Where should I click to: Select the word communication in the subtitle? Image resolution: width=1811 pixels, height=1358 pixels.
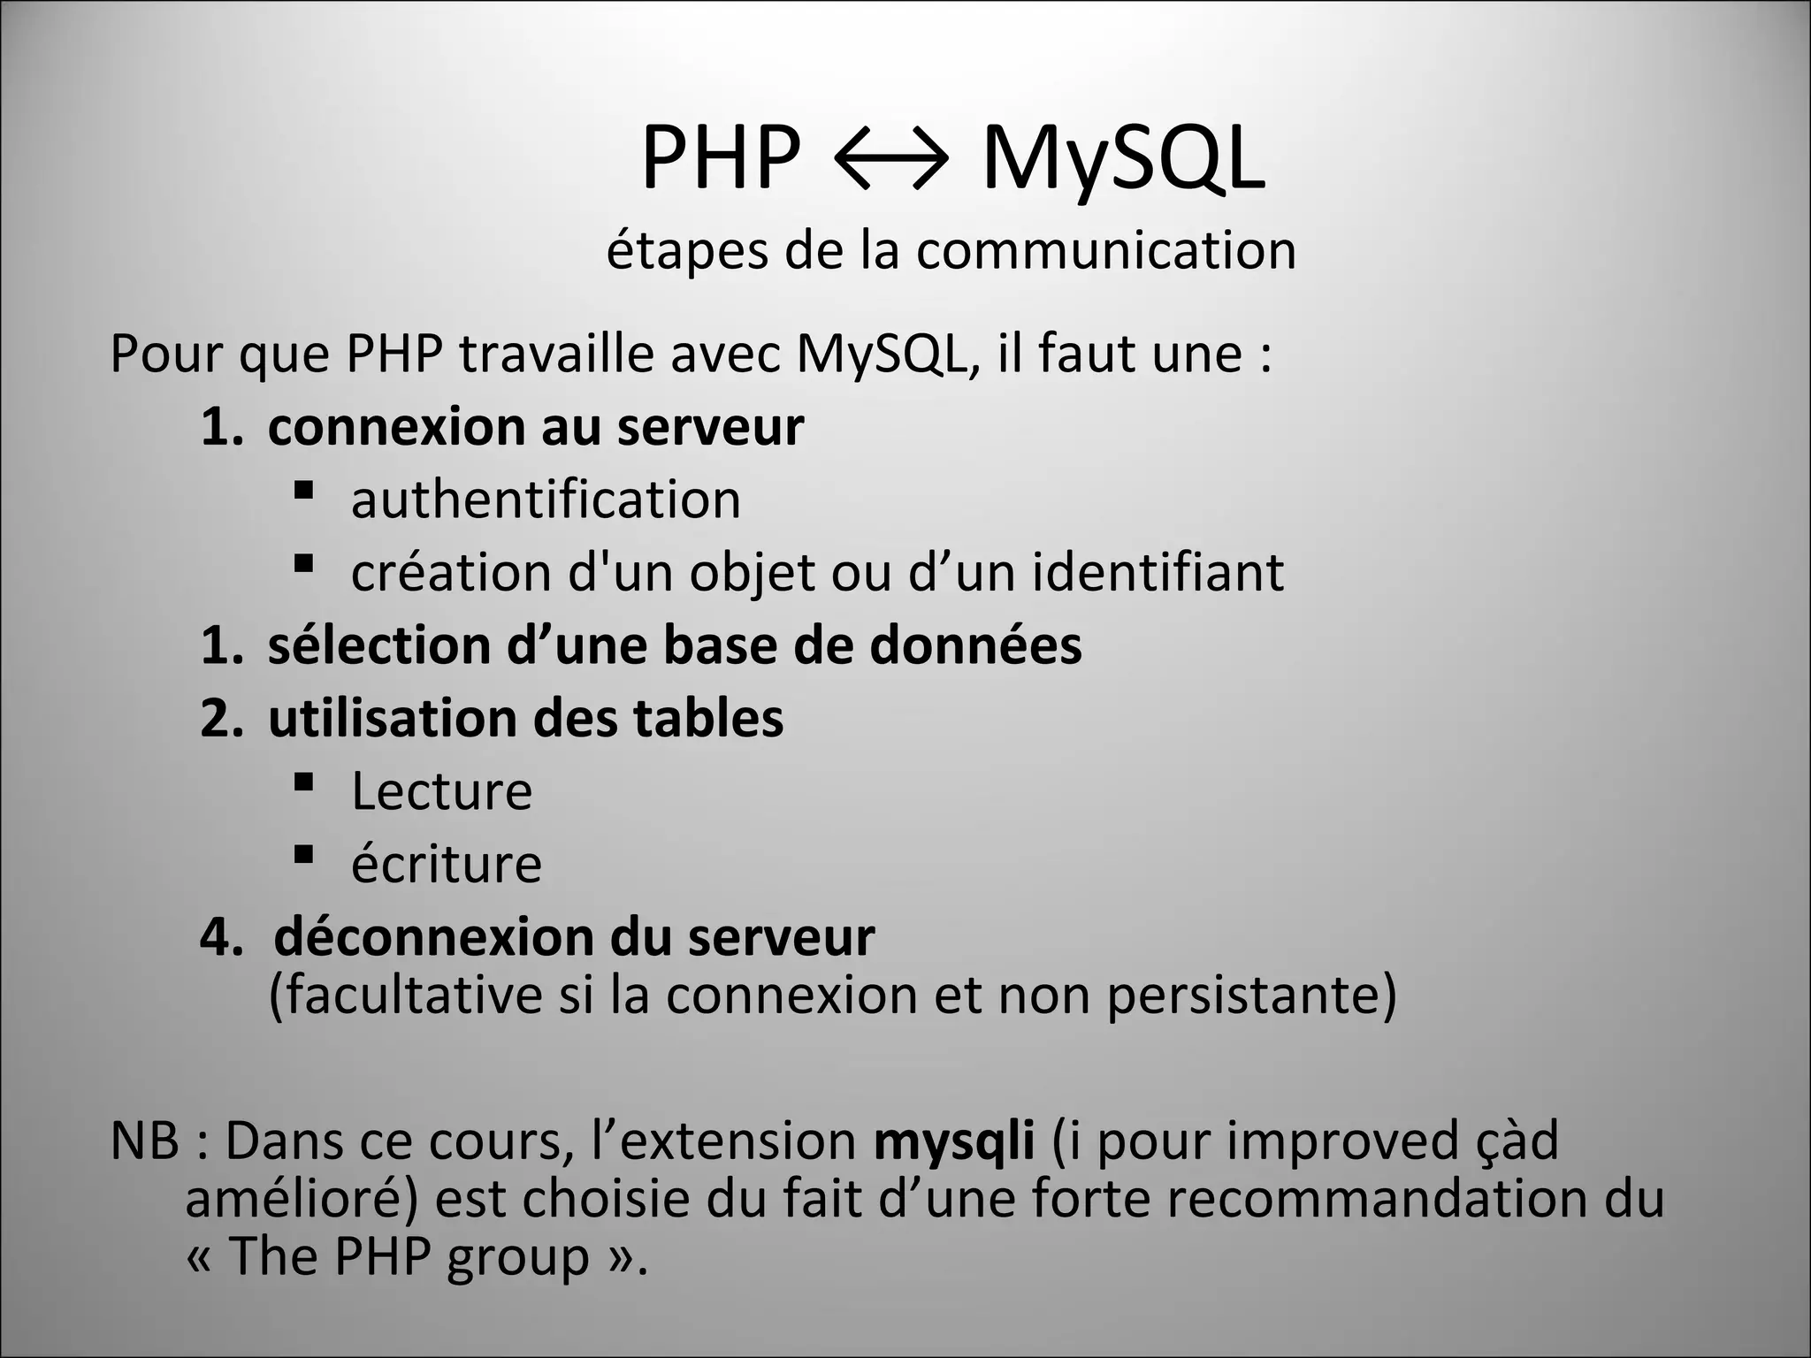1105,251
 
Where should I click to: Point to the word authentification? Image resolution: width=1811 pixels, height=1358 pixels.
546,500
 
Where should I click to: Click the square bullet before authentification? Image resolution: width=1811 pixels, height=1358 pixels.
303,489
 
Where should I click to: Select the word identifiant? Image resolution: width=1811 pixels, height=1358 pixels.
1158,572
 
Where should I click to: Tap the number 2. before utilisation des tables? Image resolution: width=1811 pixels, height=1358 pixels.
221,718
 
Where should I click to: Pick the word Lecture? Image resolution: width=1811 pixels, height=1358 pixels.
441,791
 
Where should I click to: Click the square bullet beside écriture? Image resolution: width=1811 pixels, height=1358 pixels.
303,854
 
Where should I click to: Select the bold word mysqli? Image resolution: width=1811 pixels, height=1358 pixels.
953,1141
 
